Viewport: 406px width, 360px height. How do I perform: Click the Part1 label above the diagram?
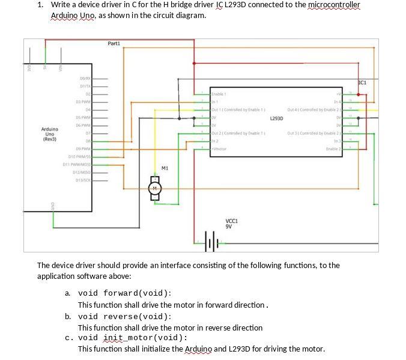click(114, 43)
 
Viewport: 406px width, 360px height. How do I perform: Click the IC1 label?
click(362, 82)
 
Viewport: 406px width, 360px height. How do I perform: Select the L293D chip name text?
click(276, 118)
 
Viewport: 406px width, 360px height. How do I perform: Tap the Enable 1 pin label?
click(219, 94)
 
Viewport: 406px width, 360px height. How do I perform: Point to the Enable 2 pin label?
click(333, 148)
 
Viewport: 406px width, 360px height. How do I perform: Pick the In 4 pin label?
click(337, 102)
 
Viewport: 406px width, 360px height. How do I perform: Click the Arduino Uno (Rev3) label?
click(50, 134)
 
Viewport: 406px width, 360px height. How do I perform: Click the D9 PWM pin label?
click(83, 148)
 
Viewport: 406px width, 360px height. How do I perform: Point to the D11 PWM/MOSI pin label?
click(77, 164)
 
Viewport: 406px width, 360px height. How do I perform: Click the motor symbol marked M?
click(155, 189)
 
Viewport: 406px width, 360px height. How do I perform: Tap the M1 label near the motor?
click(165, 169)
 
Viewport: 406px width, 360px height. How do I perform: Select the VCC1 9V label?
click(231, 224)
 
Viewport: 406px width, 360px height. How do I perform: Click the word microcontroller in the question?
click(333, 5)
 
